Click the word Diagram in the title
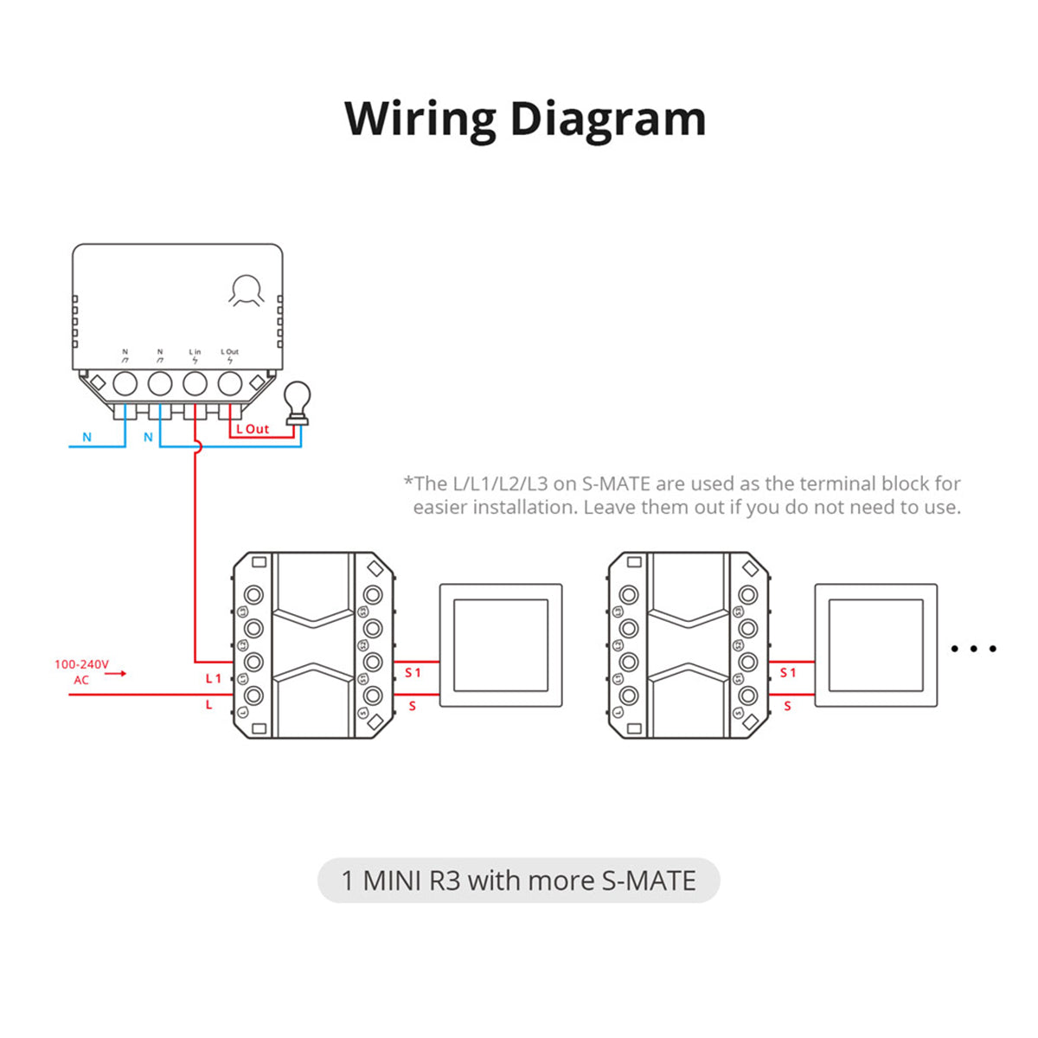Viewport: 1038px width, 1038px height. (608, 119)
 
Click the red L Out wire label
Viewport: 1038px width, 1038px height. (253, 429)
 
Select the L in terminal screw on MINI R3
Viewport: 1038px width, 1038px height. (195, 383)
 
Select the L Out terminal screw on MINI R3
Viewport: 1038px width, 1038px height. (229, 383)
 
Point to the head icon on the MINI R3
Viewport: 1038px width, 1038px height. (247, 291)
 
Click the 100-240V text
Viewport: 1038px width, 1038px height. (81, 664)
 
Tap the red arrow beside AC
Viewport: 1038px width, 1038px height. (116, 673)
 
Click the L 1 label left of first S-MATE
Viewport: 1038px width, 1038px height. (213, 679)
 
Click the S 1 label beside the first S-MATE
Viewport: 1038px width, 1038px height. (413, 673)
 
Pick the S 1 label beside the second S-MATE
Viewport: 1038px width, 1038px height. (787, 673)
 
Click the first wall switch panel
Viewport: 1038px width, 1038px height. (501, 645)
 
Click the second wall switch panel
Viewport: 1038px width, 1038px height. (875, 645)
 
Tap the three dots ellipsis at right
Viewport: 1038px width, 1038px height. (973, 648)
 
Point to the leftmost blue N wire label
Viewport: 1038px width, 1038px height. (86, 438)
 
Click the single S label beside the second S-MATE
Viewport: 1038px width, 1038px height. (787, 707)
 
